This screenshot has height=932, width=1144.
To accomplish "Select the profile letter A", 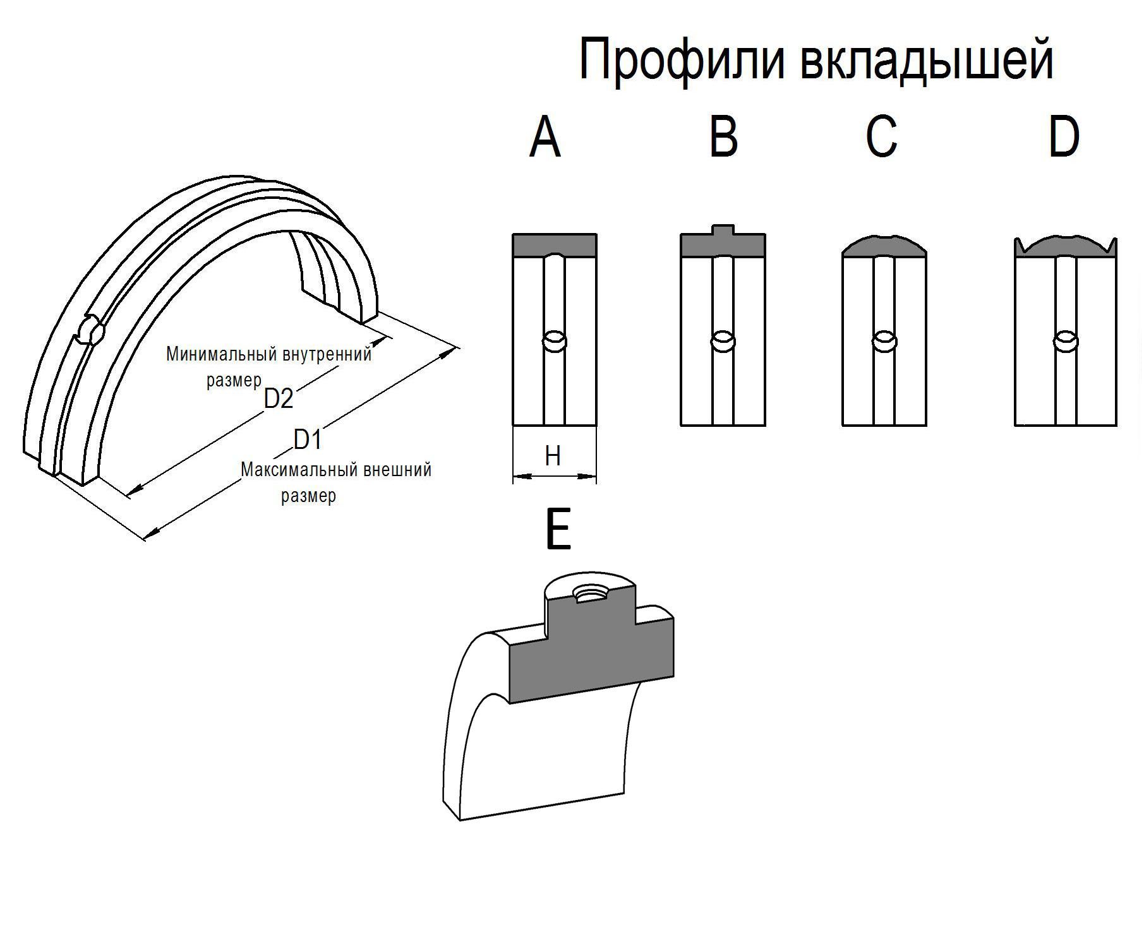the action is tap(545, 138).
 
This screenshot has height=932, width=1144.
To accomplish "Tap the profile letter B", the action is tap(723, 138).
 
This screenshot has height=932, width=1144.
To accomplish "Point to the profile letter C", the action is tap(882, 138).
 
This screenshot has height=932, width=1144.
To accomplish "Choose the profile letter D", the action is tap(1064, 138).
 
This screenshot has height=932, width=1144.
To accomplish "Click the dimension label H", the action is tap(553, 455).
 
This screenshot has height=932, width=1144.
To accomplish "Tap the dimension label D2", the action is tap(279, 399).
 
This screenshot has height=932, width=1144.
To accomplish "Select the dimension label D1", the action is tap(308, 439).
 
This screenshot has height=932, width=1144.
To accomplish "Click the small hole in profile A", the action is tap(555, 342).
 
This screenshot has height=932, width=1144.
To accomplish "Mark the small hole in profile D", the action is tap(1066, 342).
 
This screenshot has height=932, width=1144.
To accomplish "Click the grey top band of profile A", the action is tap(554, 246).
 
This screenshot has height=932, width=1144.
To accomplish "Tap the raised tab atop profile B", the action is tap(723, 230).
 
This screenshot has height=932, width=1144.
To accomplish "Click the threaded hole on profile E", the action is tap(588, 594).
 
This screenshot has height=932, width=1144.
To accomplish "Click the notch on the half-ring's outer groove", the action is tap(91, 330).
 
